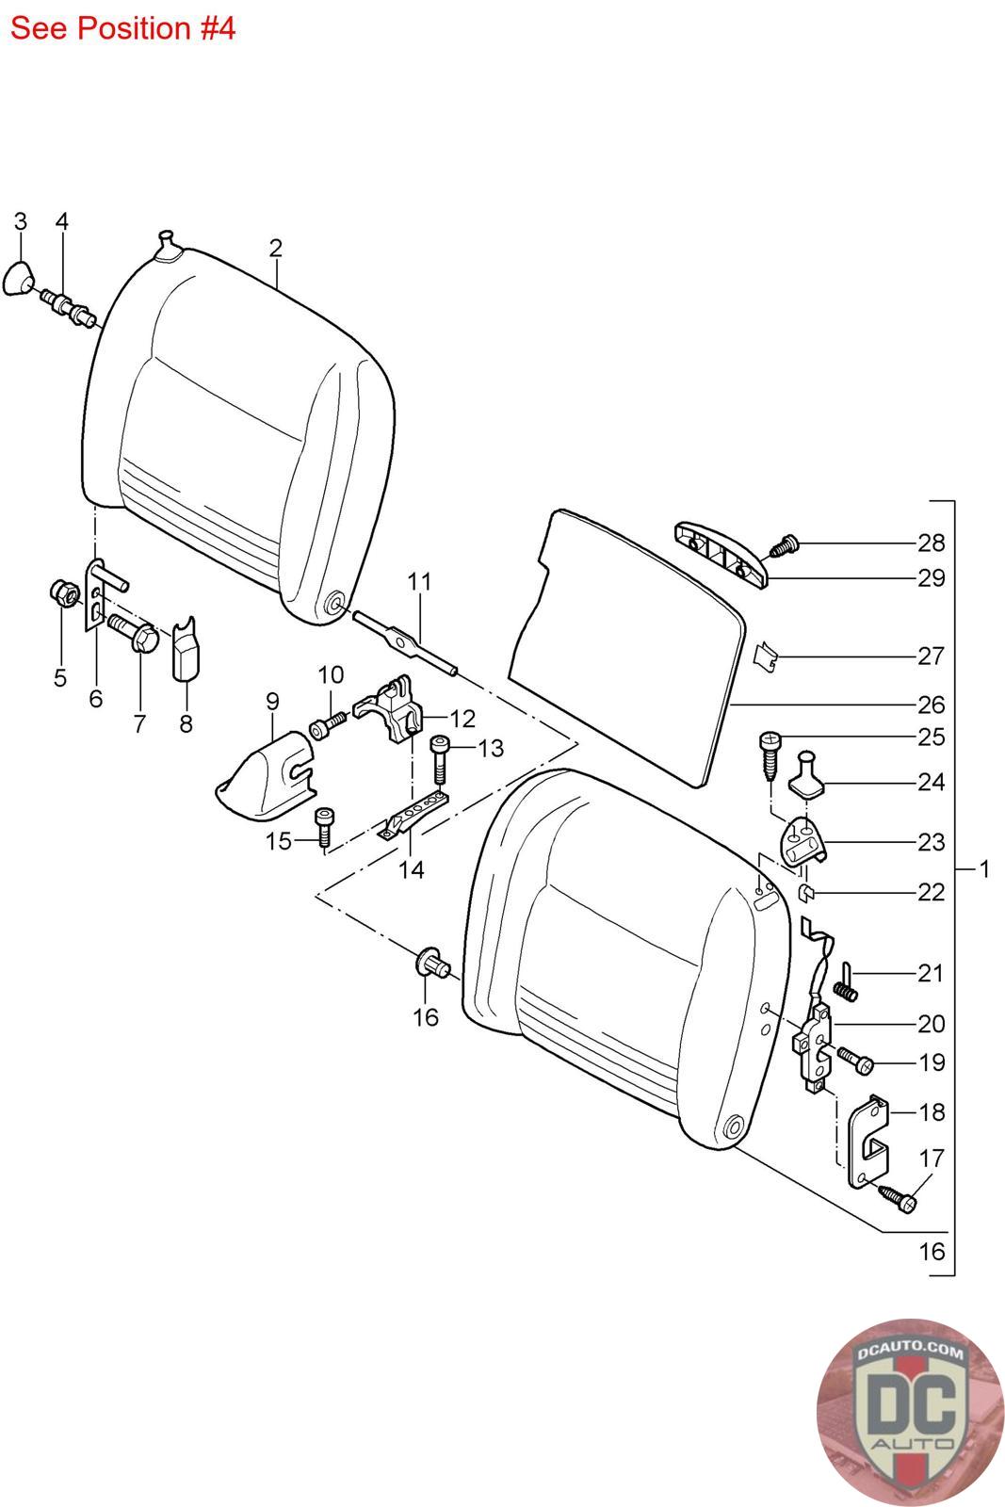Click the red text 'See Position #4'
tap(122, 28)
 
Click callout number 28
tap(931, 543)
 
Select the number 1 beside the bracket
tap(984, 868)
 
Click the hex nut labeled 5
tap(62, 593)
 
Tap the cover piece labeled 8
tap(185, 649)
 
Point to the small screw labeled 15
tap(323, 829)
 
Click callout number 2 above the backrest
tap(275, 249)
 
